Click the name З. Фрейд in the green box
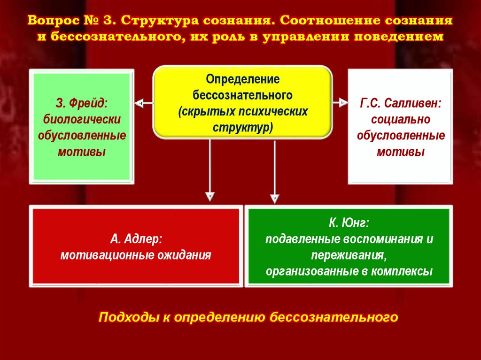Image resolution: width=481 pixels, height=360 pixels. [82, 103]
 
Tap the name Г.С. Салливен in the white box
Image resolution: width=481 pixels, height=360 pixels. [400, 103]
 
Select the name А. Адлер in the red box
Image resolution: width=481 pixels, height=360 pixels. [136, 239]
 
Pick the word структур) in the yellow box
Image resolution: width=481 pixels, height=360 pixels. [243, 128]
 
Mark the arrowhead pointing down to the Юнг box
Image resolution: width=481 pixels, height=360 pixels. [275, 199]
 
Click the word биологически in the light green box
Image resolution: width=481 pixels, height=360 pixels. [82, 119]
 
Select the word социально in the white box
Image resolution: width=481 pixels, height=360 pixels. [400, 119]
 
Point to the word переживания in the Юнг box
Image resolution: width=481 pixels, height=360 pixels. [348, 255]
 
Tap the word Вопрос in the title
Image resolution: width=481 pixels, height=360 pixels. [51, 22]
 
